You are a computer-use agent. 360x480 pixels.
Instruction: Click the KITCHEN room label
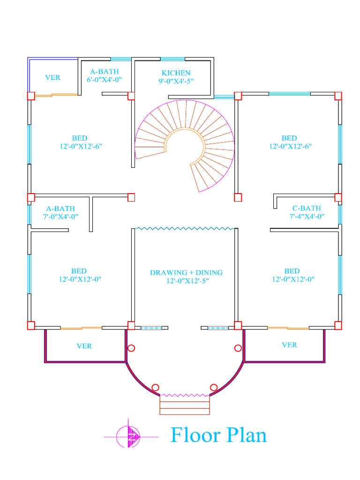click(176, 73)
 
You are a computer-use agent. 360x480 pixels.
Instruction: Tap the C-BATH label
click(307, 208)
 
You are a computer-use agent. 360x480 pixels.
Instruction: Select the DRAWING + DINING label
click(186, 272)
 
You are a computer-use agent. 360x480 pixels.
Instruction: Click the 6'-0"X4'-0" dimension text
click(105, 80)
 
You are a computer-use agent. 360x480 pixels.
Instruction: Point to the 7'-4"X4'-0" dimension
click(307, 217)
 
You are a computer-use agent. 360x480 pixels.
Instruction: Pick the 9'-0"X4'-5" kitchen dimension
click(176, 81)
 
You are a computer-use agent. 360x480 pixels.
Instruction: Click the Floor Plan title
click(218, 435)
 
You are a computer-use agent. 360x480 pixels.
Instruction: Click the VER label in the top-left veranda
click(52, 77)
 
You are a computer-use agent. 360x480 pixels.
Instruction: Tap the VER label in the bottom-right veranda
click(289, 345)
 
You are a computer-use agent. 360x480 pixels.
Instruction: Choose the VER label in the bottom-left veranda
click(84, 346)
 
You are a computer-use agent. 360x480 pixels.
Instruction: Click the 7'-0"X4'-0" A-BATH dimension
click(60, 217)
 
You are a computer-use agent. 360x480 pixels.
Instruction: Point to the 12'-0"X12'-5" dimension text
click(187, 281)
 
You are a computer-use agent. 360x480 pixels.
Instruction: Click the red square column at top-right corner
click(338, 96)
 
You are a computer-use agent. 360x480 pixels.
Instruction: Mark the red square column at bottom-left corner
click(31, 326)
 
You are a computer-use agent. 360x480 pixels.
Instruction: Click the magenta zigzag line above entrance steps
click(185, 395)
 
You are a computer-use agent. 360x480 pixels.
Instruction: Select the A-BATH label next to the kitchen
click(105, 72)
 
